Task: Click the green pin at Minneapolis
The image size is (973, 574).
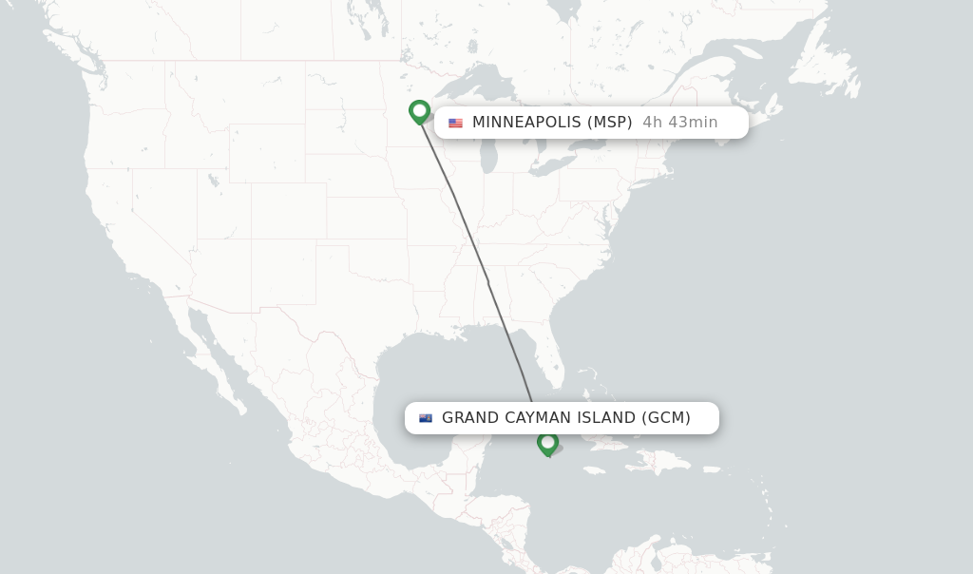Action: point(419,111)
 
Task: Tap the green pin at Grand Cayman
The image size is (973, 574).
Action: point(547,443)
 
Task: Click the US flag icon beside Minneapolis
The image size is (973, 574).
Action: point(456,123)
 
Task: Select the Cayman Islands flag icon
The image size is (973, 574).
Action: point(426,418)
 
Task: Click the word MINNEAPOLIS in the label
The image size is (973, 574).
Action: point(525,123)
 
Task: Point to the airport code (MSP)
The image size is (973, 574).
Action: point(609,123)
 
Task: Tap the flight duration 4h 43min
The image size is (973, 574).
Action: point(679,123)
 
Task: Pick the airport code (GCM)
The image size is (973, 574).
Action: point(665,418)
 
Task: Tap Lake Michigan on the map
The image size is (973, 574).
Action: point(488,143)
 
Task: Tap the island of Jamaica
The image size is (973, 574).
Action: point(595,468)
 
